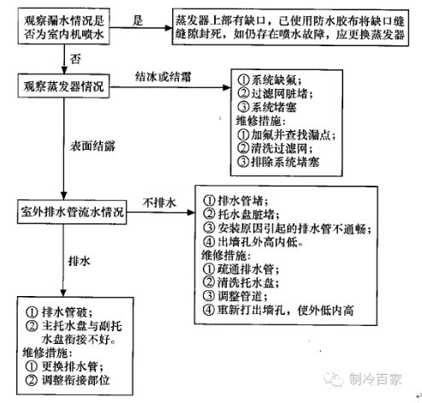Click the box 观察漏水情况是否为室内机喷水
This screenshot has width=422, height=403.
pyautogui.click(x=63, y=27)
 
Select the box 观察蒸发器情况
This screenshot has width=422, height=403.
pyautogui.click(x=63, y=86)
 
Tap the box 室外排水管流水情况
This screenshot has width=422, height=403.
pyautogui.click(x=72, y=212)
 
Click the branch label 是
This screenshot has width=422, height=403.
pyautogui.click(x=138, y=21)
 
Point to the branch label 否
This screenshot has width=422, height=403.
pyautogui.click(x=75, y=59)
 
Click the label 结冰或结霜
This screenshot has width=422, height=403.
pyautogui.click(x=163, y=76)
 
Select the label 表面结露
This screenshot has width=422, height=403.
pyautogui.click(x=92, y=146)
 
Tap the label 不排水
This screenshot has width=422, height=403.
pyautogui.click(x=159, y=203)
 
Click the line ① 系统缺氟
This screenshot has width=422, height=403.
pyautogui.click(x=269, y=80)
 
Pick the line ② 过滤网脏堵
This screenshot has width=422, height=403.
pyautogui.click(x=275, y=93)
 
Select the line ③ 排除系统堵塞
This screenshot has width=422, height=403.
pyautogui.click(x=278, y=162)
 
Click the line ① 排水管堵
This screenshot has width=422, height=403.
pyautogui.click(x=235, y=201)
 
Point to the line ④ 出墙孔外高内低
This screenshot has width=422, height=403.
pyautogui.click(x=253, y=242)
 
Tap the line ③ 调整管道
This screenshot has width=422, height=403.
pyautogui.click(x=235, y=296)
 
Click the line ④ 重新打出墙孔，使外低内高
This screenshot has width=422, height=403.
pyautogui.click(x=278, y=310)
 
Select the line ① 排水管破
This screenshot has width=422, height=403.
pyautogui.click(x=59, y=312)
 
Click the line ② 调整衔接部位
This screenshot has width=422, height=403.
pyautogui.click(x=68, y=380)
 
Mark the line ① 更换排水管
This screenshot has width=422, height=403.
pyautogui.click(x=64, y=366)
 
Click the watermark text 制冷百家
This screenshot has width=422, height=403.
pyautogui.click(x=375, y=379)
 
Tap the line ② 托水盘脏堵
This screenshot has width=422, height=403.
pyautogui.click(x=241, y=215)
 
